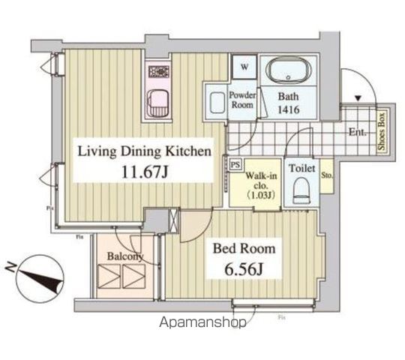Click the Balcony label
click(124, 256)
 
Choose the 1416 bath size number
click(291, 109)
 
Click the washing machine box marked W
click(245, 67)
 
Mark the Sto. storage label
click(327, 177)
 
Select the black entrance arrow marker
click(358, 98)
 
